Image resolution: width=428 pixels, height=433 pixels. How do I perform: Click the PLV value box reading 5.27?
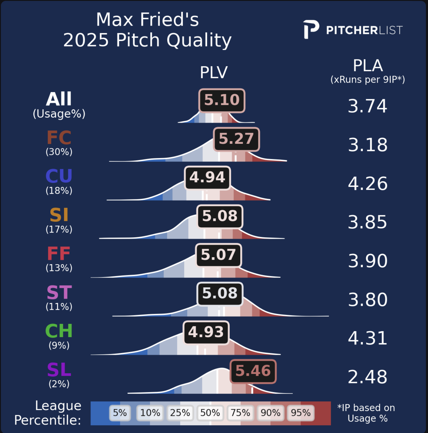tap(236, 139)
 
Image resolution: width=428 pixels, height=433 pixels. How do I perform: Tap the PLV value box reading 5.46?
tap(253, 371)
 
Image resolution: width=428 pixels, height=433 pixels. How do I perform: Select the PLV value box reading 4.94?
tap(207, 178)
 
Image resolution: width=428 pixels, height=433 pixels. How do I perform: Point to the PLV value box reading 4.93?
tap(206, 332)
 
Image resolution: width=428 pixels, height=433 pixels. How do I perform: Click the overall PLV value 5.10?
tap(222, 100)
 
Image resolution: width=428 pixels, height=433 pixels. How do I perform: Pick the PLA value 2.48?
tap(367, 377)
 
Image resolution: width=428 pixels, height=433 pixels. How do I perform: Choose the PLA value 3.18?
tap(367, 145)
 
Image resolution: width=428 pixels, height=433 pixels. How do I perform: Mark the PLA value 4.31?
tap(367, 338)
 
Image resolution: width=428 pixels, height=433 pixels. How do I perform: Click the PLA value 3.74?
tap(367, 106)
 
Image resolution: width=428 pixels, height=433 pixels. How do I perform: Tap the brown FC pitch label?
tap(59, 138)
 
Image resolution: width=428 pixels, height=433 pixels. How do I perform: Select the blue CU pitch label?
tap(59, 176)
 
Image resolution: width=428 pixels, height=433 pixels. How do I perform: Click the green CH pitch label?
tap(59, 331)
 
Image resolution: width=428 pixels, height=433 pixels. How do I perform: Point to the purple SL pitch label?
tap(59, 370)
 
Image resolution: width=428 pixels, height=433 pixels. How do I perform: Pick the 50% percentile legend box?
tap(210, 413)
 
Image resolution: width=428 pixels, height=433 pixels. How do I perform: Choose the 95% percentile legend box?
tap(301, 413)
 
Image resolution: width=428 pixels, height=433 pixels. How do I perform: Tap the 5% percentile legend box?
tap(120, 413)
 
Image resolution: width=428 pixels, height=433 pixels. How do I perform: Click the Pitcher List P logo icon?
tap(311, 30)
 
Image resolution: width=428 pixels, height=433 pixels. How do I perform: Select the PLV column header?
tap(214, 73)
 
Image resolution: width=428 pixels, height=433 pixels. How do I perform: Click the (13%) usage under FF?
tap(59, 268)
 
